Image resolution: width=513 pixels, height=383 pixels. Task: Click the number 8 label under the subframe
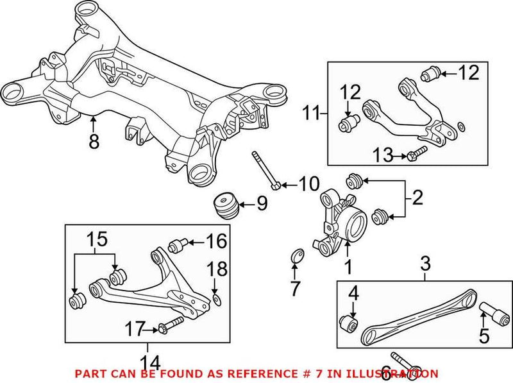tap(94, 141)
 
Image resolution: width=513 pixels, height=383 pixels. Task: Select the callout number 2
tap(417, 198)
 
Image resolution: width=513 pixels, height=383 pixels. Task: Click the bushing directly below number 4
tap(348, 321)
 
